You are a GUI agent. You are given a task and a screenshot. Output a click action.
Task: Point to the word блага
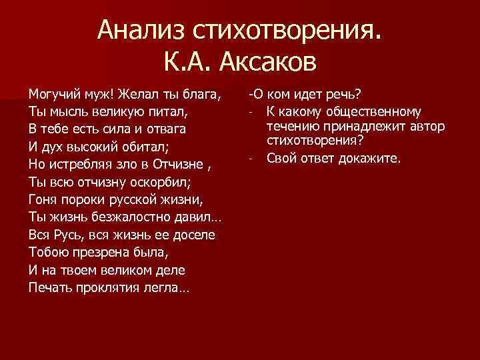click(x=203, y=92)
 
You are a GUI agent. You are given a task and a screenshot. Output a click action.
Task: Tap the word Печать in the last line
click(x=50, y=287)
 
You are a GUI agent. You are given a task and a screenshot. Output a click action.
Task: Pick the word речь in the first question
click(x=339, y=92)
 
